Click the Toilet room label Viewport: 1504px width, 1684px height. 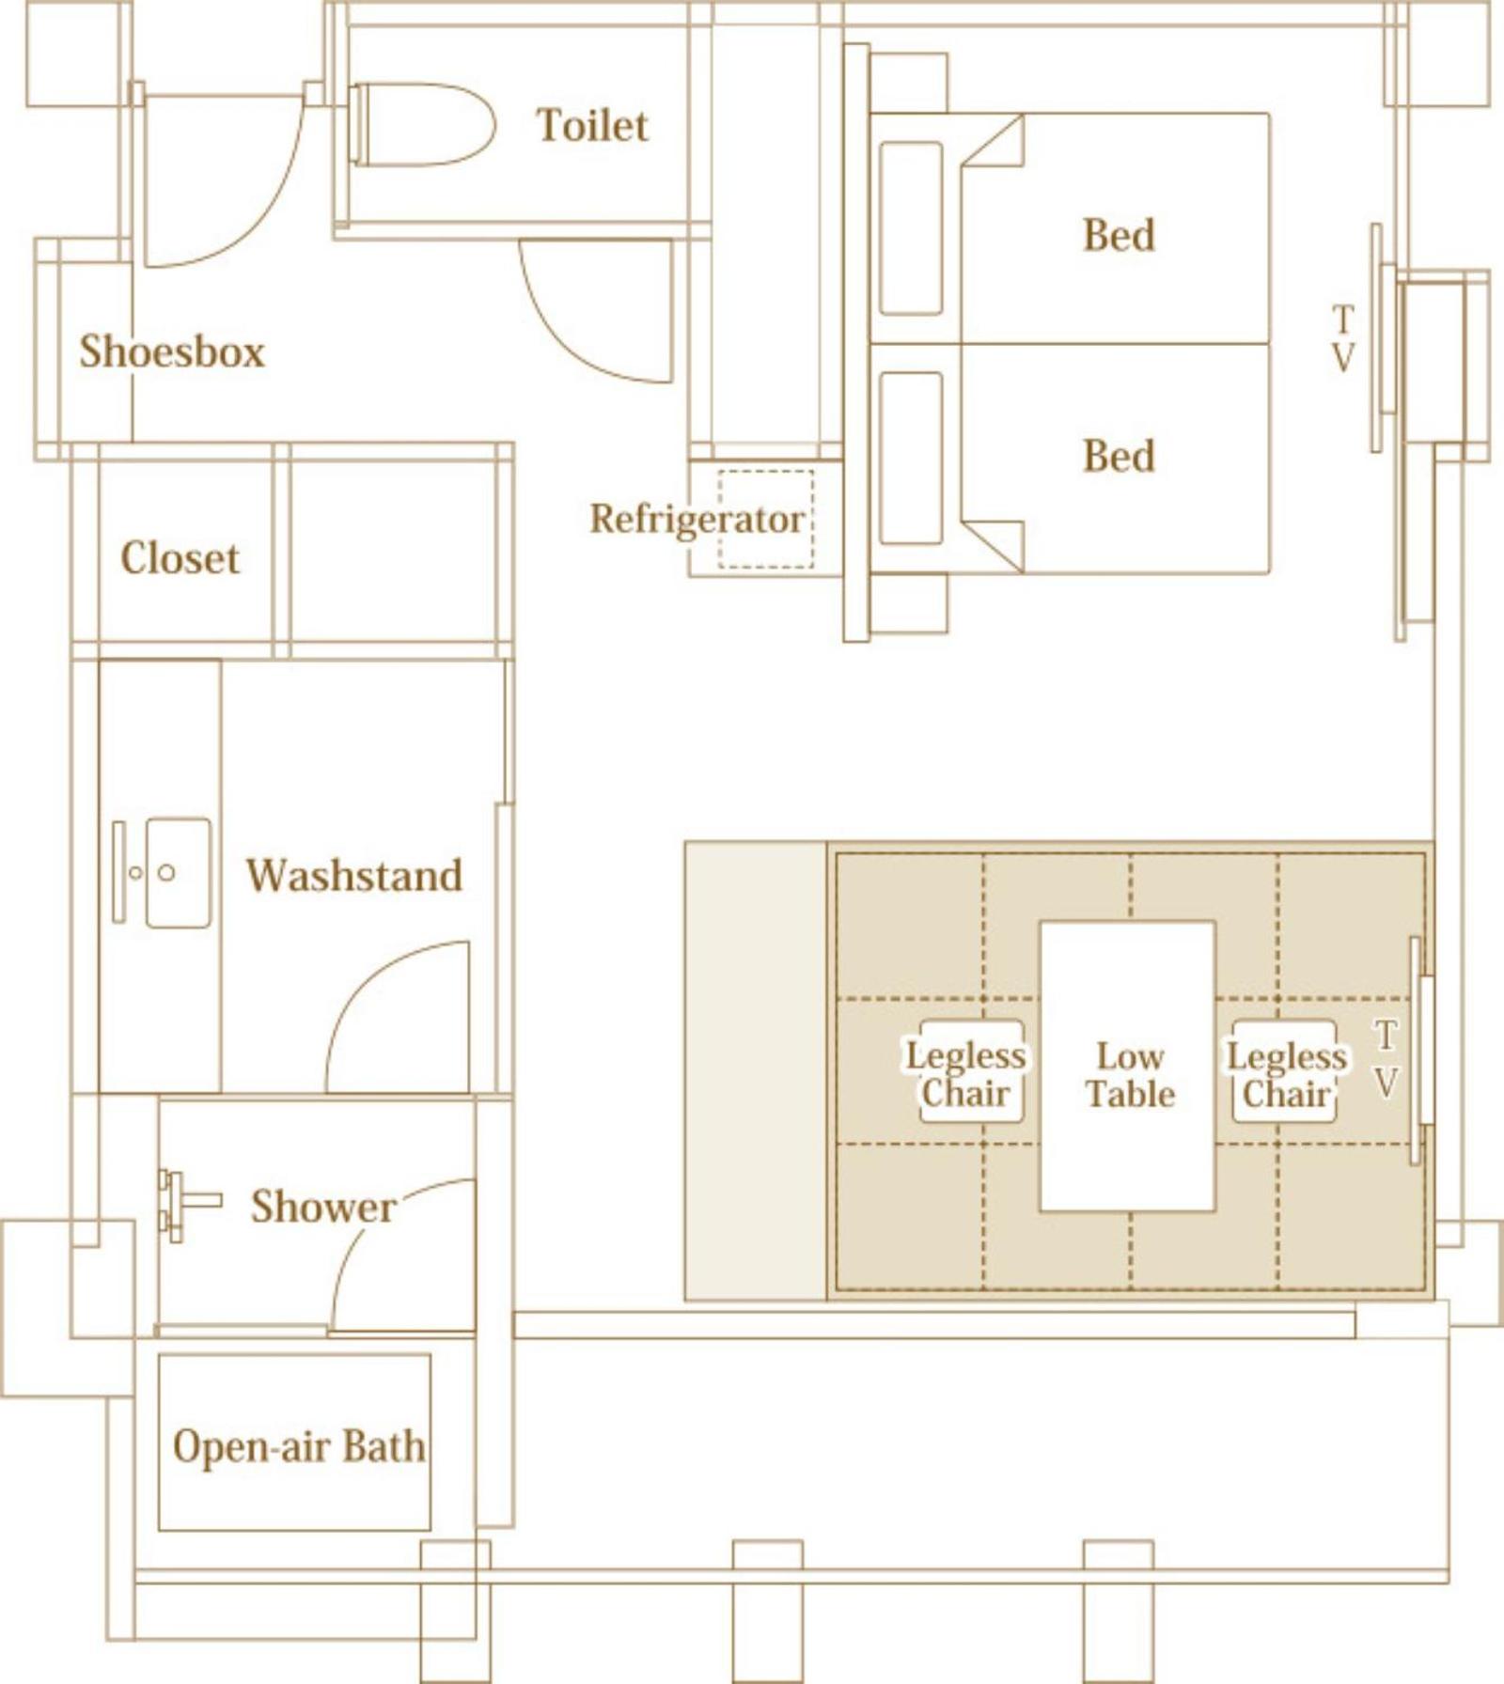(x=592, y=125)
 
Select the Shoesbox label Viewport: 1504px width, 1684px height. (x=172, y=351)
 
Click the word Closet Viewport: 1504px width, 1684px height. (x=180, y=558)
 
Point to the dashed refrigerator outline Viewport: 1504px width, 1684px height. (x=766, y=519)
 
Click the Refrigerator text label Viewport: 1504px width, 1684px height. (x=697, y=519)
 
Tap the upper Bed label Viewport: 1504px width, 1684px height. (x=1119, y=235)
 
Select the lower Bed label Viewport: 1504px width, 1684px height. (x=1119, y=457)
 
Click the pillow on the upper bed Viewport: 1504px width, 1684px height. (x=911, y=228)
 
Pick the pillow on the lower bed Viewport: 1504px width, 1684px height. (x=911, y=458)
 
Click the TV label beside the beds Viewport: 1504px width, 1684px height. (x=1344, y=338)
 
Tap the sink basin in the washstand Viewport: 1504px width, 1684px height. (x=179, y=873)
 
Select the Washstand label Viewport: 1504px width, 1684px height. (x=354, y=875)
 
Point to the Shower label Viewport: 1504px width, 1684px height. (x=323, y=1207)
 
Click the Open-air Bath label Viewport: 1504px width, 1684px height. (x=299, y=1446)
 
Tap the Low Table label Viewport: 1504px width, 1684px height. (x=1130, y=1075)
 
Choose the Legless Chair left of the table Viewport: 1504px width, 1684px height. (x=965, y=1073)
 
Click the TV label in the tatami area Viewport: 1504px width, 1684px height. (x=1386, y=1059)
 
